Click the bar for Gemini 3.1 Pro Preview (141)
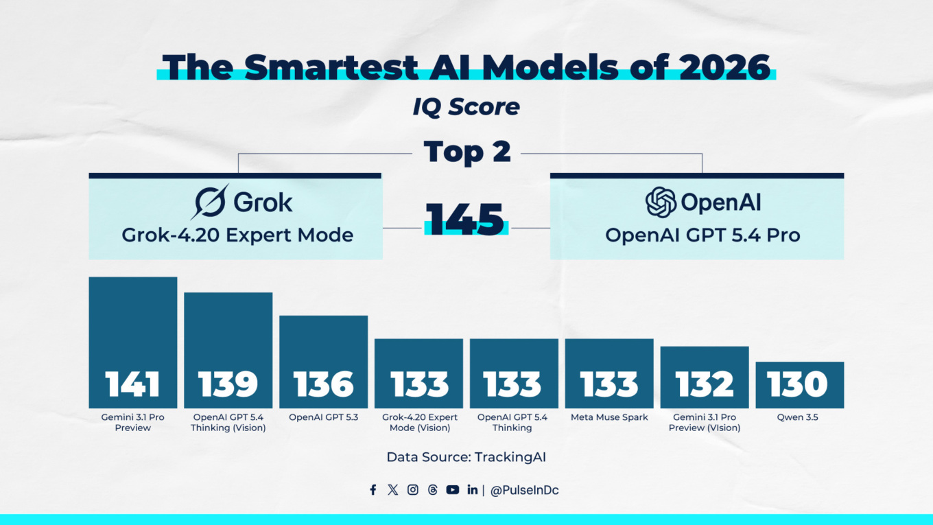[x=133, y=342]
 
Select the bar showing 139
[x=228, y=350]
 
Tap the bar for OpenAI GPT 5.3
[x=323, y=362]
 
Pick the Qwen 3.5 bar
[x=799, y=384]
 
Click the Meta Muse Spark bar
[x=609, y=373]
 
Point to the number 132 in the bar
[x=705, y=385]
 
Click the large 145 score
[x=466, y=219]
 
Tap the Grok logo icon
[x=210, y=202]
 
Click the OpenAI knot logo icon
[x=661, y=202]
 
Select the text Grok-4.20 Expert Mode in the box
[x=237, y=235]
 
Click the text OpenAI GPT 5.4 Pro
[x=702, y=235]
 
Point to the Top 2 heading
[x=466, y=152]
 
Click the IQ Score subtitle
[x=466, y=107]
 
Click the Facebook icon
[x=373, y=490]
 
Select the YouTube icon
[x=452, y=490]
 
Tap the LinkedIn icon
[x=472, y=490]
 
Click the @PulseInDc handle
[x=524, y=491]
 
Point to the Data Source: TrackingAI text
[x=466, y=457]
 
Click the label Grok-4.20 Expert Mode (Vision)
[x=419, y=422]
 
